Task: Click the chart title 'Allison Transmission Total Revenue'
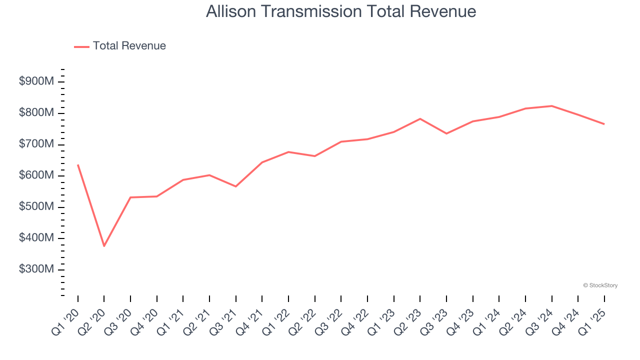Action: click(x=340, y=11)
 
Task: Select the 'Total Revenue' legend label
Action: click(x=129, y=46)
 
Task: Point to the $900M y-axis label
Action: click(x=36, y=82)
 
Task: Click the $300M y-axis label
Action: click(x=36, y=269)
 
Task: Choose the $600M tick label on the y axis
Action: click(x=36, y=175)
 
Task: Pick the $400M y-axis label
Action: click(x=36, y=238)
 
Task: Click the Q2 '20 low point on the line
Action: click(x=104, y=246)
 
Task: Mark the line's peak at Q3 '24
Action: click(x=551, y=106)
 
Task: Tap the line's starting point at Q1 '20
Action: click(x=78, y=165)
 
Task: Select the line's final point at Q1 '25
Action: click(x=604, y=124)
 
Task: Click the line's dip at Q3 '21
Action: click(x=235, y=186)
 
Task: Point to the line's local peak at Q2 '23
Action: click(x=420, y=118)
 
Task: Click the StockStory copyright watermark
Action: click(x=600, y=285)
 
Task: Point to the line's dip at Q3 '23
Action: click(x=446, y=133)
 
